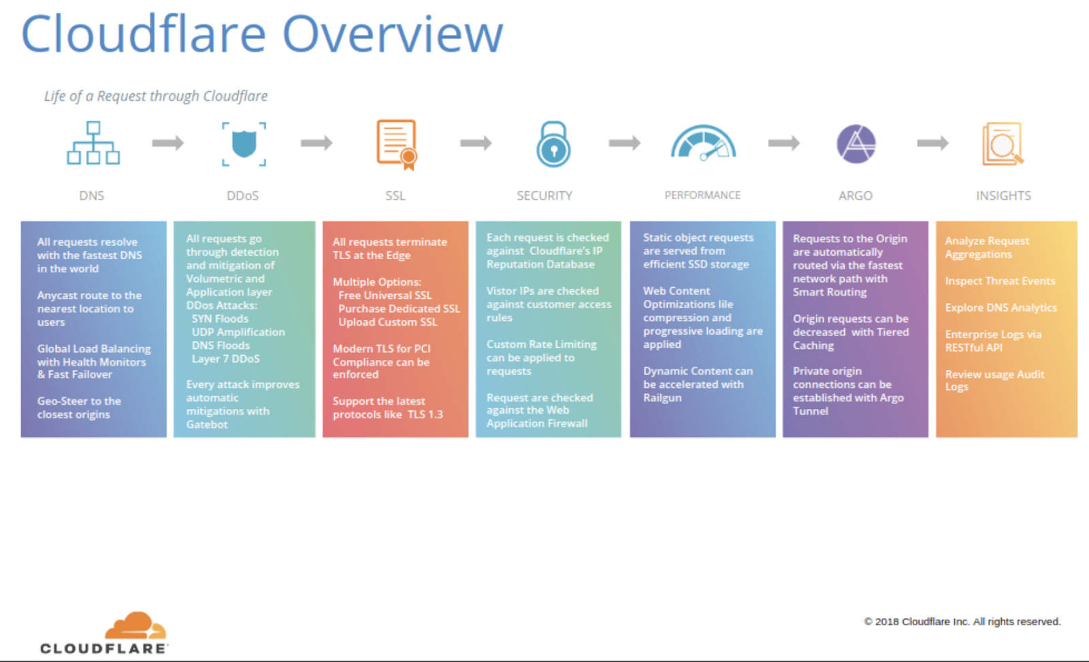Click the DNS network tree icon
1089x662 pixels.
point(93,143)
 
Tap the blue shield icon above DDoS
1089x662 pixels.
point(244,144)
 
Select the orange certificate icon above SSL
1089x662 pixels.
point(397,144)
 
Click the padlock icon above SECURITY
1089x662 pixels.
point(553,144)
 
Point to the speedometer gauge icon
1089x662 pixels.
point(703,142)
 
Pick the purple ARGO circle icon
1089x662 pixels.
point(856,144)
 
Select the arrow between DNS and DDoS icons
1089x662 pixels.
point(167,143)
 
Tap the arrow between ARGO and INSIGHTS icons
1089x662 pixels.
point(932,143)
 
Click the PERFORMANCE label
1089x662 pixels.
point(702,195)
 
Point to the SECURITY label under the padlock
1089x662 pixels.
point(544,196)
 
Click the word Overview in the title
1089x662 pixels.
point(393,34)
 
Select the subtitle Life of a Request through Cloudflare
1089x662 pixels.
point(156,96)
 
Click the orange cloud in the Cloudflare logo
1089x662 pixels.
point(135,625)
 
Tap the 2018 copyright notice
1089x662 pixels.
point(962,622)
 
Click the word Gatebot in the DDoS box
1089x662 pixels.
point(207,425)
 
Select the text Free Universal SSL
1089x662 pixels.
point(385,295)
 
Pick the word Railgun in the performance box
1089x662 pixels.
point(662,397)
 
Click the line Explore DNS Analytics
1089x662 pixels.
point(1001,308)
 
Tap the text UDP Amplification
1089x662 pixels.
point(238,332)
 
